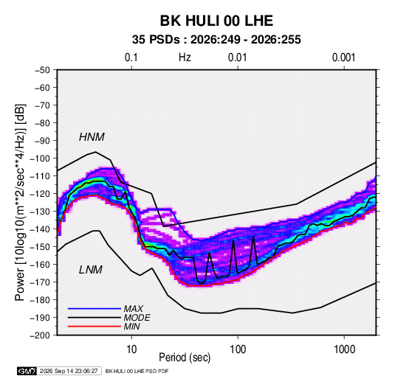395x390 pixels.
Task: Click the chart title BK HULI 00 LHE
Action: (216, 21)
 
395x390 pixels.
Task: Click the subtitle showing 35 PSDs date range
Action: (216, 40)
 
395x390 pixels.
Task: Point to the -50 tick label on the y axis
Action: (42, 70)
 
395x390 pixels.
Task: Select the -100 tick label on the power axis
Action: (40, 159)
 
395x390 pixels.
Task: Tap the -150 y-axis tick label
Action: (40, 247)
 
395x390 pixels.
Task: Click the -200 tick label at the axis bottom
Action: (40, 335)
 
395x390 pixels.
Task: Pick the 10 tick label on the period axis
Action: (131, 349)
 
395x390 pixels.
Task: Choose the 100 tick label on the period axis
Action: (238, 349)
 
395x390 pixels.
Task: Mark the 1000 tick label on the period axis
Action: (344, 349)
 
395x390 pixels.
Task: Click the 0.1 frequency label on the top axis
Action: (131, 58)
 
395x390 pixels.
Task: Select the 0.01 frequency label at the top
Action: (237, 58)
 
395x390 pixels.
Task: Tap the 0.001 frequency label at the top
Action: (343, 58)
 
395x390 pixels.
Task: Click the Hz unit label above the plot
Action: (185, 58)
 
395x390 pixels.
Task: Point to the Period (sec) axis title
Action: (185, 358)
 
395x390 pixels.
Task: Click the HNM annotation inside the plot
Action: (92, 137)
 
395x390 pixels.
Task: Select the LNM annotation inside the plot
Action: (91, 270)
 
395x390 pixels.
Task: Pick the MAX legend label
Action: (134, 309)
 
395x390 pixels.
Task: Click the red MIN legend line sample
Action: (95, 327)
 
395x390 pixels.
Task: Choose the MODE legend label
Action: (137, 318)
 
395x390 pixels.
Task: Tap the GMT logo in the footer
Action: (27, 371)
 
